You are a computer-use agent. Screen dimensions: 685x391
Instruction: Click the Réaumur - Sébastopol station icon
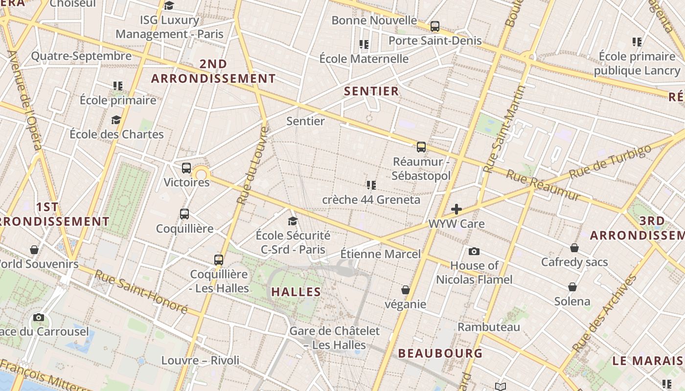[x=421, y=147]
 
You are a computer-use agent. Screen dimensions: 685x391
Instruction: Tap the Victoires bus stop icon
[x=186, y=168]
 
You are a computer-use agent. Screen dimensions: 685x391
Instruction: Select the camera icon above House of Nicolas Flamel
[x=474, y=251]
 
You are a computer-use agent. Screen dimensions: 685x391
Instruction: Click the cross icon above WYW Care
[x=456, y=209]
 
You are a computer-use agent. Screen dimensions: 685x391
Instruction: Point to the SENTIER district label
[x=371, y=91]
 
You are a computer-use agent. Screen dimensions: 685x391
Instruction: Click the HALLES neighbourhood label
[x=296, y=292]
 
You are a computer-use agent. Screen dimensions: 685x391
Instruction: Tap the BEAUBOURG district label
[x=440, y=353]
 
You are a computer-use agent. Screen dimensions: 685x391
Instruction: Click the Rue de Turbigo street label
[x=617, y=161]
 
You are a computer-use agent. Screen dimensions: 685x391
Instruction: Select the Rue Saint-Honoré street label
[x=141, y=291]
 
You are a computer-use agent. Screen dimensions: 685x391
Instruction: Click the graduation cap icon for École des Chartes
[x=116, y=120]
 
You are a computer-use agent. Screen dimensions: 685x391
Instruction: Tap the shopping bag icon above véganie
[x=405, y=290]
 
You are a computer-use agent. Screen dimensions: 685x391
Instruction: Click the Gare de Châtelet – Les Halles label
[x=335, y=338]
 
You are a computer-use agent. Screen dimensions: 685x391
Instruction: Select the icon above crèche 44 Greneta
[x=371, y=185]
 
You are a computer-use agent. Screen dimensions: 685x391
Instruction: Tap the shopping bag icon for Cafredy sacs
[x=574, y=248]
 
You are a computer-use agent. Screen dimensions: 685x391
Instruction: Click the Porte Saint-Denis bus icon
[x=434, y=26]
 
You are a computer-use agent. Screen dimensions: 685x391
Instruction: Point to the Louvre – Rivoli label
[x=200, y=360]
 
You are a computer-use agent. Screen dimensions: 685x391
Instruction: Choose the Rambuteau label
[x=488, y=326]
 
